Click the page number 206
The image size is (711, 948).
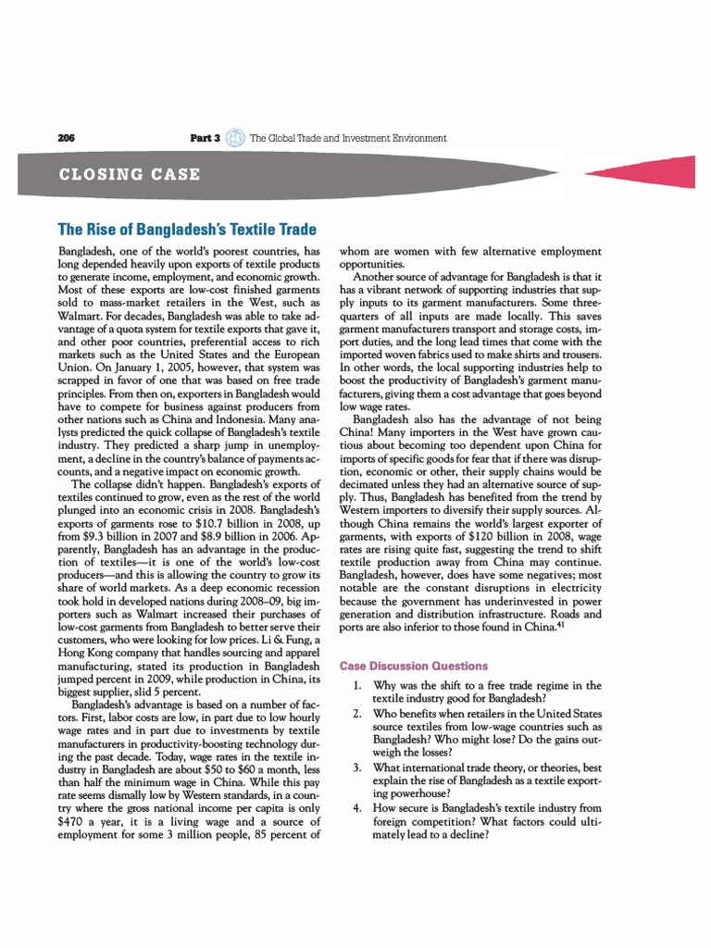click(66, 138)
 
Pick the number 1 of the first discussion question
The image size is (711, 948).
click(356, 686)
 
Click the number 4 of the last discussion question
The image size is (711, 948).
click(356, 808)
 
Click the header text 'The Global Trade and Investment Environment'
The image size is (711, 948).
click(348, 138)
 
